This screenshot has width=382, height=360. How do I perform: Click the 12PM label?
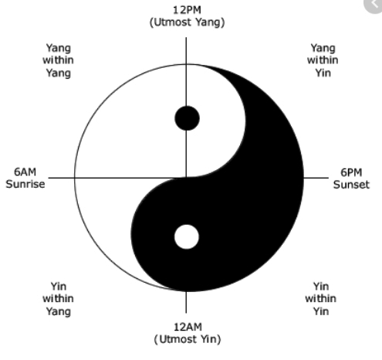187,10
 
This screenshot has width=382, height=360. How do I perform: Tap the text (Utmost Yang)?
187,22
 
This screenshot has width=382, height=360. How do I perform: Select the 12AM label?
188,327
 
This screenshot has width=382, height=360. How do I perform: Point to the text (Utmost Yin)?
188,339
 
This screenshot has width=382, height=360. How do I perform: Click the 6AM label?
25,172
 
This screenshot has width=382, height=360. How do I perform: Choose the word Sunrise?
25,184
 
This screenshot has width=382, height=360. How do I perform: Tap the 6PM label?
351,172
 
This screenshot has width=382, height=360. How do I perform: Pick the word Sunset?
351,185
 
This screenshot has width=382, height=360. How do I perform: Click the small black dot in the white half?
187,118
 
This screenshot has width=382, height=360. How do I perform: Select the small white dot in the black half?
187,237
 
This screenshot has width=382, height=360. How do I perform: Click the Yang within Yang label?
58,60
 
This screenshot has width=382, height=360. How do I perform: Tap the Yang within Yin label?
323,60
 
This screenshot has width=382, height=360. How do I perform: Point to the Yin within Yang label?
58,299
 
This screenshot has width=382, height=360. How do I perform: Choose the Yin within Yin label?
321,299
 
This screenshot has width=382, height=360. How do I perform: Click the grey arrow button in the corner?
374,5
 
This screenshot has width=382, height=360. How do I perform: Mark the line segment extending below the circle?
186,302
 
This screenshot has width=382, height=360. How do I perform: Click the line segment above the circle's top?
186,50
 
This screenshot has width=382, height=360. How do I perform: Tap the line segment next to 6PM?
316,178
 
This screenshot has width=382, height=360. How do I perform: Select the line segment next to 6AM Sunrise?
62,178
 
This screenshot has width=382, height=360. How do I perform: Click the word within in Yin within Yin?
321,298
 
